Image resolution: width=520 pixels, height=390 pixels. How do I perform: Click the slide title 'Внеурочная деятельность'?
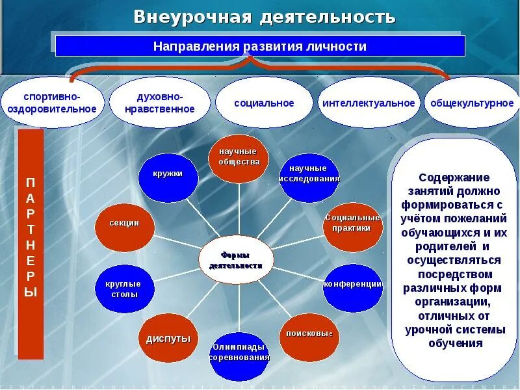click(264, 16)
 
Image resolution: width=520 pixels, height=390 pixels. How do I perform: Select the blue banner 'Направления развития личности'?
click(260, 46)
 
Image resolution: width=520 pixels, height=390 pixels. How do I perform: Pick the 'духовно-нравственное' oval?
click(160, 103)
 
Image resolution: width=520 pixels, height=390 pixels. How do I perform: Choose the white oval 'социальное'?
click(264, 103)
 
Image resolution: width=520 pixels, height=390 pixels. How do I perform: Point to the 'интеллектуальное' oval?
click(369, 103)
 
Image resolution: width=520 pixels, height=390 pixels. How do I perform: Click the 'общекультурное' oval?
click(472, 103)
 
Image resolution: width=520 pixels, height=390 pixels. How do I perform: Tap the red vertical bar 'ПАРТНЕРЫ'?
click(31, 244)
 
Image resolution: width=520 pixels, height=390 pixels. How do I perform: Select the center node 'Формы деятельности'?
click(236, 260)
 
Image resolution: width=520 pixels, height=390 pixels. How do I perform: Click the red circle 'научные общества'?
click(239, 158)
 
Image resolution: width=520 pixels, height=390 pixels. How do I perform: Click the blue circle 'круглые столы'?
click(123, 288)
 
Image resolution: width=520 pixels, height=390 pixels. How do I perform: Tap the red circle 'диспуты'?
click(168, 338)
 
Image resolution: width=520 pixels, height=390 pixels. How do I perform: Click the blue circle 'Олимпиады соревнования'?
click(239, 356)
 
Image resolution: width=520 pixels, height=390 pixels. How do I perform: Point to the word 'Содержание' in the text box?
click(454, 177)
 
